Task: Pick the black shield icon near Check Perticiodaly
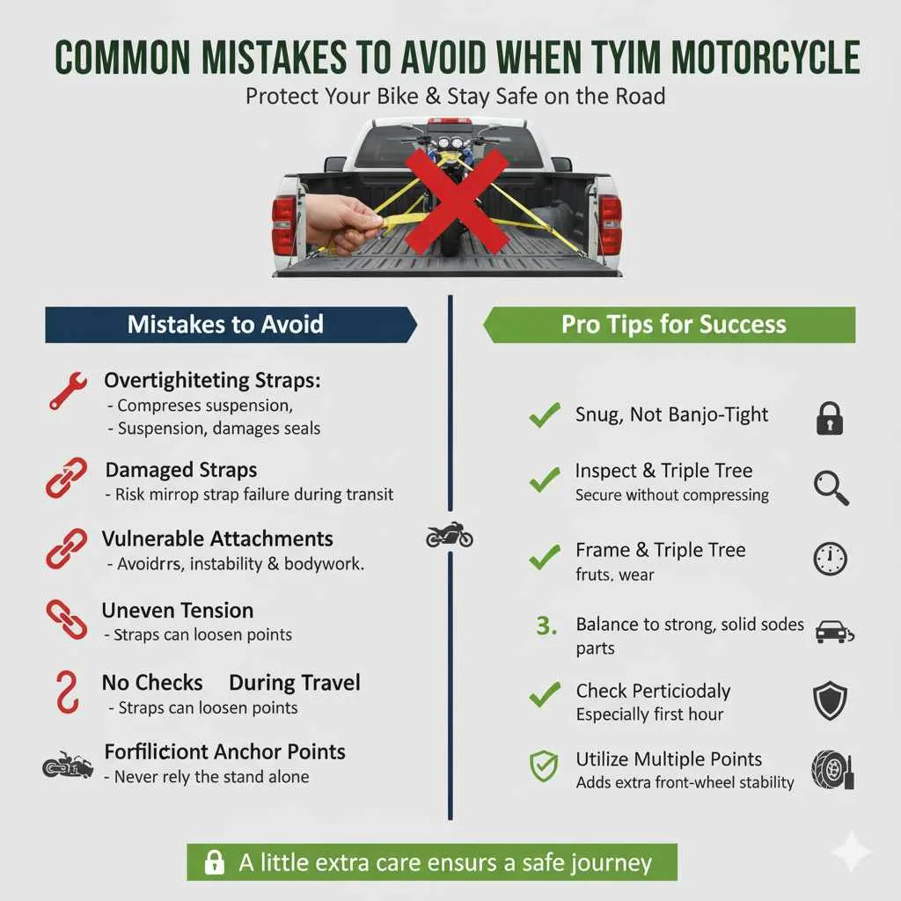point(830,701)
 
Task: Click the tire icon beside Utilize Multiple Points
point(831,769)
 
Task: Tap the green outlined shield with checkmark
point(543,767)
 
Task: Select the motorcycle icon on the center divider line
point(449,536)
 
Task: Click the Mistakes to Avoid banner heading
point(225,324)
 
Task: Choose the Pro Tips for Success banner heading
point(673,324)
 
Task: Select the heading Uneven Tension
point(178,610)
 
